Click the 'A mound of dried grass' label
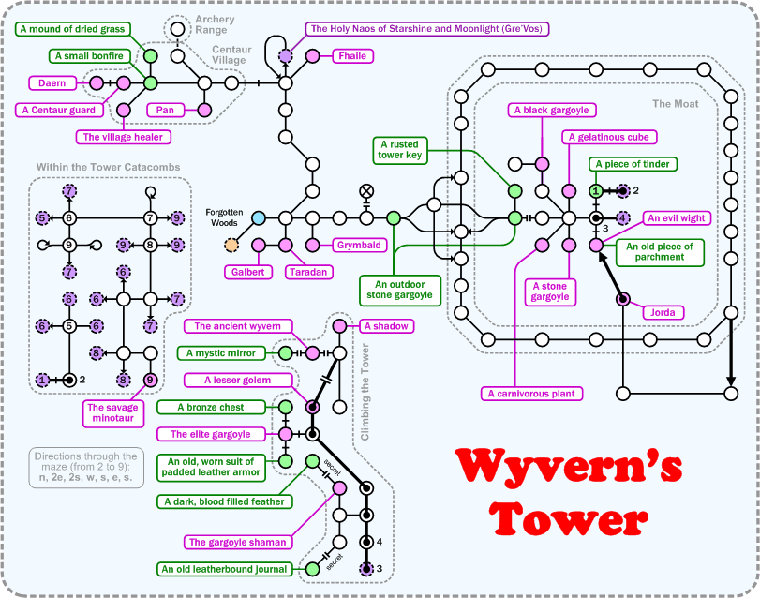point(72,29)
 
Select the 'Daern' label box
point(52,83)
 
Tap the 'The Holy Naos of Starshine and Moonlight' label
point(426,29)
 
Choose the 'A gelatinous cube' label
point(608,138)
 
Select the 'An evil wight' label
point(676,217)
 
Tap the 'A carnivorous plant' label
point(530,394)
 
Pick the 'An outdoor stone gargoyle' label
point(399,288)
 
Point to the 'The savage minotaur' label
point(112,413)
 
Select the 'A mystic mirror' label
point(216,353)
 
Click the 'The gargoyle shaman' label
point(237,542)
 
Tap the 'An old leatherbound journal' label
point(224,569)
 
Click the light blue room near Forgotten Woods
point(260,217)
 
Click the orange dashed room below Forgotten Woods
point(231,246)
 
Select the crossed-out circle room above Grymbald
point(366,191)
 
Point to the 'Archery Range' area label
point(215,24)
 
